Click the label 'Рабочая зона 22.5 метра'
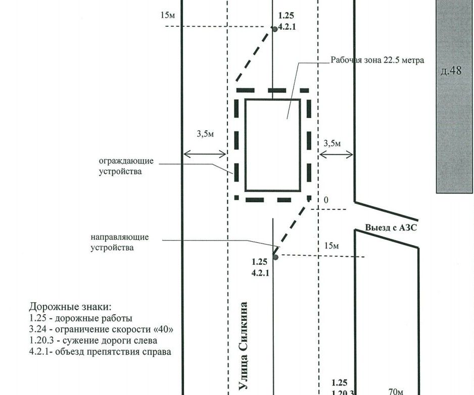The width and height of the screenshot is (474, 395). click(x=377, y=60)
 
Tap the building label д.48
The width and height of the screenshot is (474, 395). click(x=451, y=71)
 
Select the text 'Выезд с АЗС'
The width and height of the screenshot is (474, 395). click(x=391, y=227)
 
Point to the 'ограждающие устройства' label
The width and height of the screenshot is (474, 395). click(x=126, y=166)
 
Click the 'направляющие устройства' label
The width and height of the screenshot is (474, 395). click(x=120, y=242)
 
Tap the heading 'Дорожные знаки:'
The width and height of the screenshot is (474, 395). click(x=70, y=307)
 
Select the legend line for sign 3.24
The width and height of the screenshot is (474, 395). click(x=101, y=329)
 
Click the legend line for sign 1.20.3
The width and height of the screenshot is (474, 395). click(x=93, y=341)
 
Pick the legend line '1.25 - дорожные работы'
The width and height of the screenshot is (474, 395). click(x=81, y=318)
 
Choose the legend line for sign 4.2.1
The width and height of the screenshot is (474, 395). click(x=100, y=352)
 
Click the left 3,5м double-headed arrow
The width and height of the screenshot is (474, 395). click(x=205, y=154)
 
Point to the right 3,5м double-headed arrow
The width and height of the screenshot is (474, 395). click(x=336, y=155)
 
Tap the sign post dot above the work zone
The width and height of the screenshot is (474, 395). click(x=275, y=29)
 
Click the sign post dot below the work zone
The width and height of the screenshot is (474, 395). click(x=275, y=257)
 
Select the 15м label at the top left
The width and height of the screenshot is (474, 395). click(x=168, y=15)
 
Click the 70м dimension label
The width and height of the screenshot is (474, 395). click(x=396, y=391)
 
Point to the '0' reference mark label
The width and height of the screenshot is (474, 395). click(x=326, y=200)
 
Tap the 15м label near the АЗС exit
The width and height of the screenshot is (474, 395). click(x=331, y=246)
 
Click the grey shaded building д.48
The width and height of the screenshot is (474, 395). click(x=454, y=96)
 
